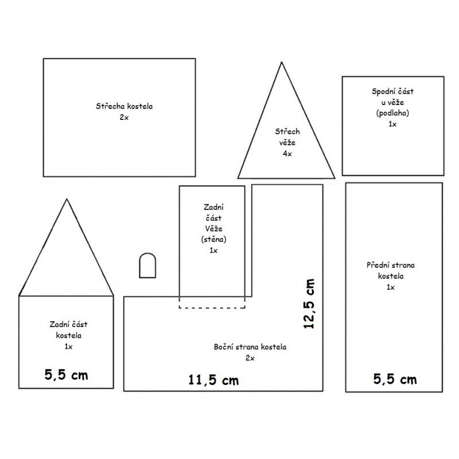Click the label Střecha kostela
pyautogui.click(x=124, y=106)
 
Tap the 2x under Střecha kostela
pyautogui.click(x=124, y=118)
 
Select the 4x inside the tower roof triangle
pyautogui.click(x=287, y=154)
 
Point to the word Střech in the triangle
pyautogui.click(x=287, y=131)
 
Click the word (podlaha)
pyautogui.click(x=392, y=113)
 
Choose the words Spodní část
pyautogui.click(x=392, y=91)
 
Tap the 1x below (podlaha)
pyautogui.click(x=392, y=124)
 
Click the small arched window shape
pyautogui.click(x=147, y=265)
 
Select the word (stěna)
pyautogui.click(x=213, y=239)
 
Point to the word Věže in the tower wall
pyautogui.click(x=213, y=228)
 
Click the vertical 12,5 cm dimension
pyautogui.click(x=309, y=304)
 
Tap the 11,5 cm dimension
pyautogui.click(x=213, y=380)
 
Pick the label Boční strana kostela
pyautogui.click(x=250, y=347)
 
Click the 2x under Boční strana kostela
pyautogui.click(x=250, y=358)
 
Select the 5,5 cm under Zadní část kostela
pyautogui.click(x=66, y=375)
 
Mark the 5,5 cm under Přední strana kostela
pyautogui.click(x=395, y=379)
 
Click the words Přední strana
pyautogui.click(x=391, y=265)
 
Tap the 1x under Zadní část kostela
pyautogui.click(x=68, y=347)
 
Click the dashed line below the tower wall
pyautogui.click(x=212, y=308)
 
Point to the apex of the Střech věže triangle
pyautogui.click(x=282, y=62)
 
